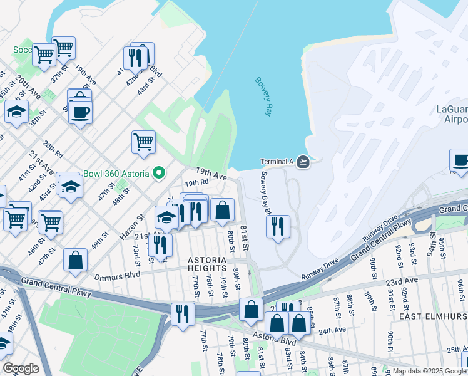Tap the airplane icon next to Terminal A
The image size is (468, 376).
click(x=303, y=162)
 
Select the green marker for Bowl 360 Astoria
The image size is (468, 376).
click(x=160, y=173)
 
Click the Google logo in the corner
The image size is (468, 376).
click(x=21, y=368)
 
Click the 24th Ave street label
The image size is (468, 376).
click(x=332, y=330)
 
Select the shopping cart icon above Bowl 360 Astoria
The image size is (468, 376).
click(x=144, y=141)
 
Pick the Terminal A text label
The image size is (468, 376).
click(x=277, y=162)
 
